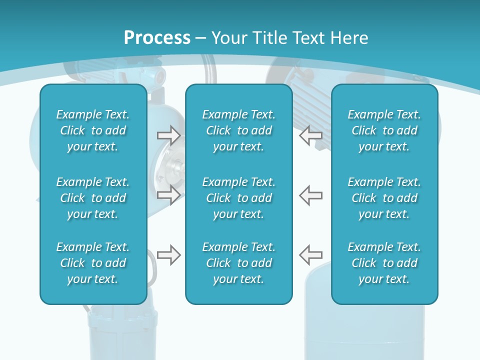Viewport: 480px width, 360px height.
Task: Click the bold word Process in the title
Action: (157, 38)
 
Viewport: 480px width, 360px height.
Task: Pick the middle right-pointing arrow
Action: (168, 194)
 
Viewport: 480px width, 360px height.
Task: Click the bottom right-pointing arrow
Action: (168, 255)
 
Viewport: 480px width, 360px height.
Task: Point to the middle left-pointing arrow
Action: (310, 194)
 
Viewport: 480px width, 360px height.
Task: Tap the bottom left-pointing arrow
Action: (310, 255)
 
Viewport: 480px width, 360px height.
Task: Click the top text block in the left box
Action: (93, 130)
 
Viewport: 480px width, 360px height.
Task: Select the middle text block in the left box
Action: (93, 198)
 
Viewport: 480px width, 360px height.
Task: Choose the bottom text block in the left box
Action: (93, 263)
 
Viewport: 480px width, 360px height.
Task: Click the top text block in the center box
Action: (238, 130)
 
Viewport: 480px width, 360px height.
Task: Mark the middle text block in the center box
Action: (238, 198)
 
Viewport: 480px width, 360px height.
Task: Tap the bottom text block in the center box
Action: (238, 263)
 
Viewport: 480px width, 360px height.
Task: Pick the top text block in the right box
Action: (384, 130)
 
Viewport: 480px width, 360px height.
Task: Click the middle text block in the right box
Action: (384, 198)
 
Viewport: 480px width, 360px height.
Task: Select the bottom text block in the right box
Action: (384, 263)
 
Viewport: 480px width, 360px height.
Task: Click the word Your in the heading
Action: (227, 38)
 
